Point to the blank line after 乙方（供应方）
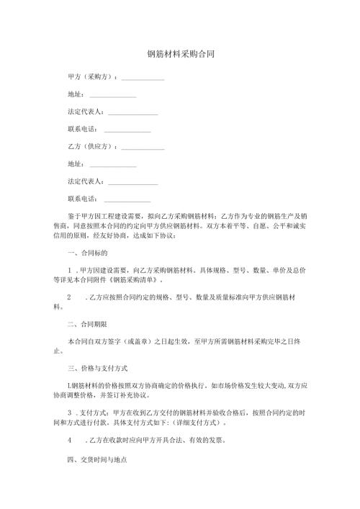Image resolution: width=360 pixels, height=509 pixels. [x=144, y=148]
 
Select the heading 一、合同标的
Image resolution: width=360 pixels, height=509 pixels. [x=87, y=253]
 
